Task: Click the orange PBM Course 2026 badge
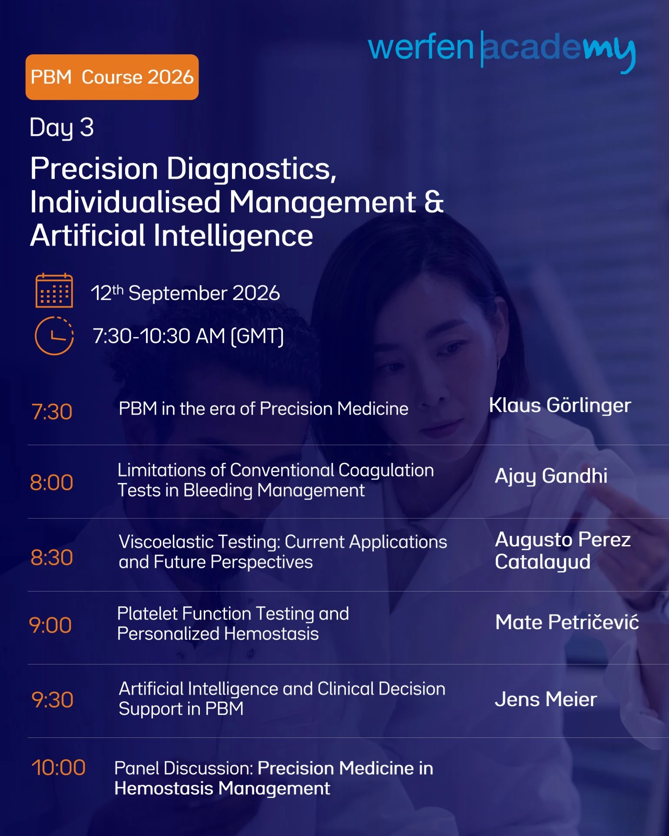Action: (x=112, y=77)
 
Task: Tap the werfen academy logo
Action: (x=502, y=50)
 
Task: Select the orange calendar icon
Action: (x=54, y=291)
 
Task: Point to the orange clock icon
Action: (x=54, y=336)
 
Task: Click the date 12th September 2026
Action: (x=185, y=293)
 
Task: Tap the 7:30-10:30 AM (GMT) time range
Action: (x=189, y=336)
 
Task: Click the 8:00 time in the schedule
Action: (x=52, y=482)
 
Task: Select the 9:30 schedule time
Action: (x=53, y=700)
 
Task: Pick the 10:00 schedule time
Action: (x=59, y=767)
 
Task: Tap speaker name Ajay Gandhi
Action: (x=551, y=476)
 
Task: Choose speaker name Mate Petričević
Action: (x=567, y=622)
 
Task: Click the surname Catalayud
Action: (x=543, y=562)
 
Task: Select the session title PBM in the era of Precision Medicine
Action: (x=264, y=409)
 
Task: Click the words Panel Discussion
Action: (x=184, y=768)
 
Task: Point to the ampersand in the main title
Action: (x=434, y=202)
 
